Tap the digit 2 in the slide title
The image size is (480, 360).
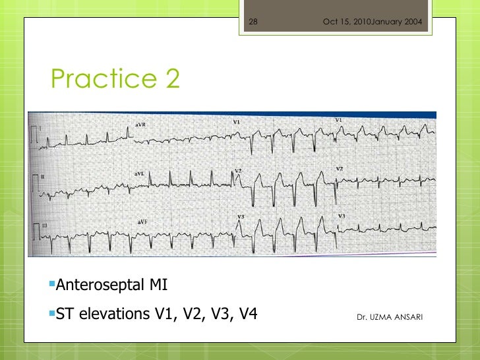(x=171, y=79)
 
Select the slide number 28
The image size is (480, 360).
(x=253, y=23)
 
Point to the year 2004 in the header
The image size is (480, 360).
(x=413, y=23)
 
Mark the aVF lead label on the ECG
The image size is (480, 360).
(x=142, y=222)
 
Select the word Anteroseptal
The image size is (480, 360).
(x=100, y=285)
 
